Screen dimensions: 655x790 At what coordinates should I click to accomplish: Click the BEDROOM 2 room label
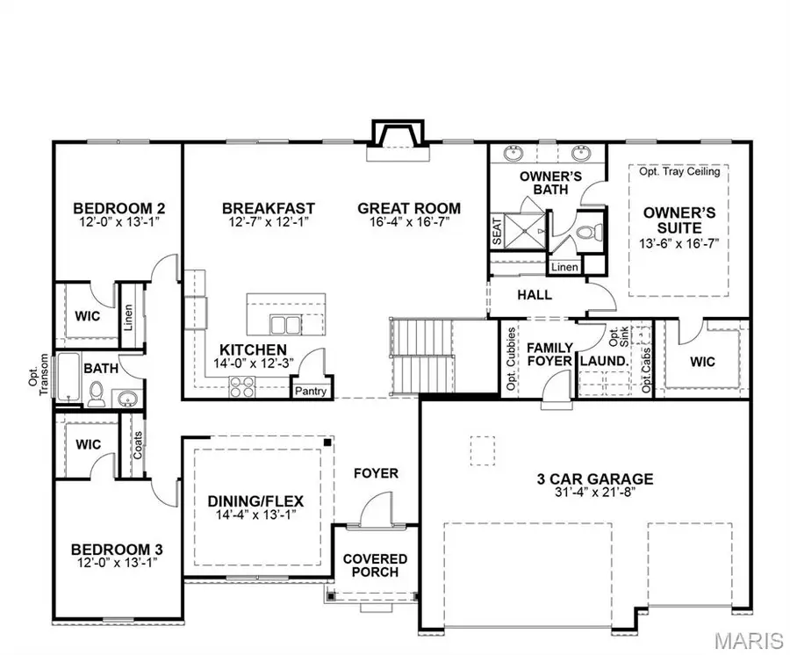pos(118,208)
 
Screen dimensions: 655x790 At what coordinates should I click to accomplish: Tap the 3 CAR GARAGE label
pos(595,479)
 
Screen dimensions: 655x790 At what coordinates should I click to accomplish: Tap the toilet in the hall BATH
pos(98,394)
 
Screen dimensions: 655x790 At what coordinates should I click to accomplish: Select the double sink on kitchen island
pos(284,324)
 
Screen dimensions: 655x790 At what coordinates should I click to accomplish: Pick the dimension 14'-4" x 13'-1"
pos(255,515)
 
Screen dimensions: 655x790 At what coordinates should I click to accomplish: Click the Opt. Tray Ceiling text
pos(679,172)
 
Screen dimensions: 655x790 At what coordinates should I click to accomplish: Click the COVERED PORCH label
pos(375,565)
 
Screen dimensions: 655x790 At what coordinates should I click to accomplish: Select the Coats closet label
pos(138,444)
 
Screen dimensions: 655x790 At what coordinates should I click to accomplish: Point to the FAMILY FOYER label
pos(549,354)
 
